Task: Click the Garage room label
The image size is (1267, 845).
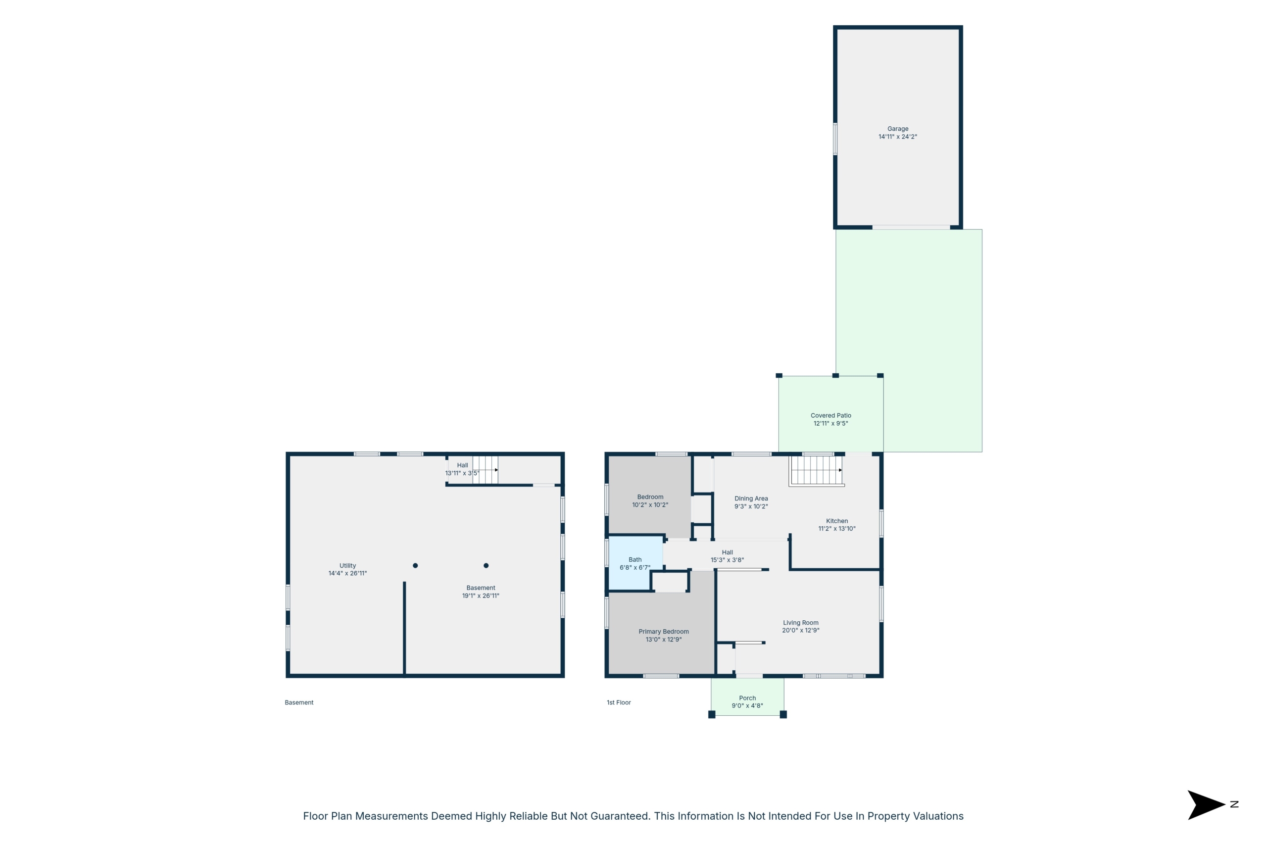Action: pos(897,129)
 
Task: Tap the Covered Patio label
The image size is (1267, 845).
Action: pos(830,415)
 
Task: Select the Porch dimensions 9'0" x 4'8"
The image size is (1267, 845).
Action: pos(747,705)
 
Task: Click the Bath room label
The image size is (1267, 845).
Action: pos(635,559)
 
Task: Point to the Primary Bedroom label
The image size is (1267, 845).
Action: pos(664,632)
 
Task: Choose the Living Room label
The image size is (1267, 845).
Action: pos(800,622)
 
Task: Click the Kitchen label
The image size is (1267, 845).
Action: pos(836,521)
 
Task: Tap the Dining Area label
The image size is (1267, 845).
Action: pos(751,498)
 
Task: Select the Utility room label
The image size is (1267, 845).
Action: pos(347,566)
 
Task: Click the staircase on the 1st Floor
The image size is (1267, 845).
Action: pos(816,471)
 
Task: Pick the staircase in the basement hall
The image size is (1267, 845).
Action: pos(486,470)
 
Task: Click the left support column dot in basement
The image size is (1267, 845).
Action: pos(415,565)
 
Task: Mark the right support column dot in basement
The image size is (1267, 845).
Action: pos(486,565)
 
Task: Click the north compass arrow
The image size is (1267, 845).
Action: pos(1206,805)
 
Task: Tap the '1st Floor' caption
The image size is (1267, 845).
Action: pos(619,702)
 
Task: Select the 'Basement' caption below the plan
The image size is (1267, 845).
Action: pos(299,702)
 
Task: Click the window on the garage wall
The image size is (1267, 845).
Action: pos(835,139)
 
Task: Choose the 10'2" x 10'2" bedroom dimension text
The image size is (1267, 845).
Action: pos(650,505)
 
